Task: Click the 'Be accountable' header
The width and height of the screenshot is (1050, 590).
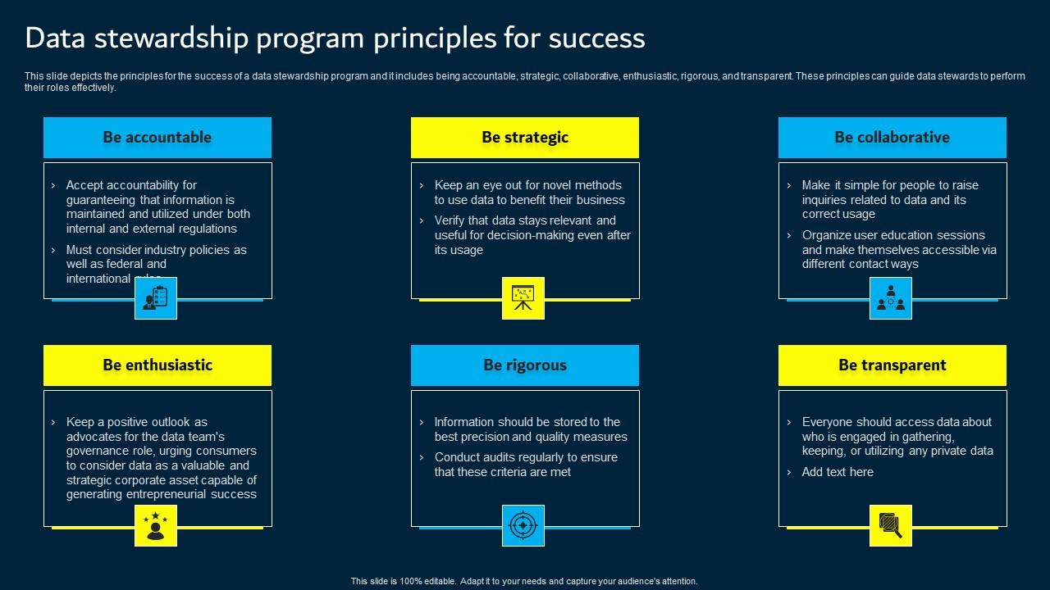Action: [x=157, y=138]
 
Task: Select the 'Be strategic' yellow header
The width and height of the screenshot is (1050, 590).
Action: [x=525, y=138]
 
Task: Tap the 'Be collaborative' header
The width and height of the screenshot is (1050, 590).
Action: [x=892, y=138]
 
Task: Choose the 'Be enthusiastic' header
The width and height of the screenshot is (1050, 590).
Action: [x=157, y=365]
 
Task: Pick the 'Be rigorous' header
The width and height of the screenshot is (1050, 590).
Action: [x=525, y=365]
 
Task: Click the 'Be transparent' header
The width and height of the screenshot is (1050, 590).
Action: [x=892, y=365]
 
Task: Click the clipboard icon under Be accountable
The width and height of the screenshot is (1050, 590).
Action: [x=156, y=298]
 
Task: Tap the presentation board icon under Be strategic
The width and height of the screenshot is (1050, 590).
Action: [x=523, y=298]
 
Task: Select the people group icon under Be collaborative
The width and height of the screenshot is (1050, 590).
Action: [x=891, y=298]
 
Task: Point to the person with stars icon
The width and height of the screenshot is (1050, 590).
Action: [x=156, y=526]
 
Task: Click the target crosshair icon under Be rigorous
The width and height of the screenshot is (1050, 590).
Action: [x=523, y=526]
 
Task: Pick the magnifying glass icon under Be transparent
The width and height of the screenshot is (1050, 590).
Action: [x=891, y=526]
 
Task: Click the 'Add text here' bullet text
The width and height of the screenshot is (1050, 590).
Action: [x=838, y=472]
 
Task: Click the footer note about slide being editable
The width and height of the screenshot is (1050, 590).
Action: [x=524, y=581]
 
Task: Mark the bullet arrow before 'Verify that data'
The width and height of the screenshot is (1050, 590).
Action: [x=422, y=220]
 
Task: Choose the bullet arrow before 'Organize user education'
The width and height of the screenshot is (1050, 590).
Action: [x=789, y=235]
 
